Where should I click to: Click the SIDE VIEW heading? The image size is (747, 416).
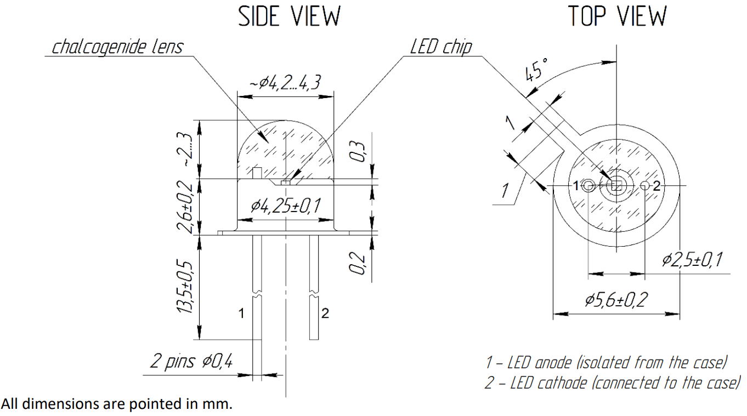point(290,16)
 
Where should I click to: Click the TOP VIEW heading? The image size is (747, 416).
point(617,16)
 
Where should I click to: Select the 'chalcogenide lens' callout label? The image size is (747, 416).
point(118,47)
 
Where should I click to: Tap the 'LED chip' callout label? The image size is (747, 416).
point(441,47)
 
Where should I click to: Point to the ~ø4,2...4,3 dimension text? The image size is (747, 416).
point(285,82)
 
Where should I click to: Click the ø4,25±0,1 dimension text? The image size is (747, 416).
point(286,206)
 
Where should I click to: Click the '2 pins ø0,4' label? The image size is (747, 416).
point(191,361)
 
